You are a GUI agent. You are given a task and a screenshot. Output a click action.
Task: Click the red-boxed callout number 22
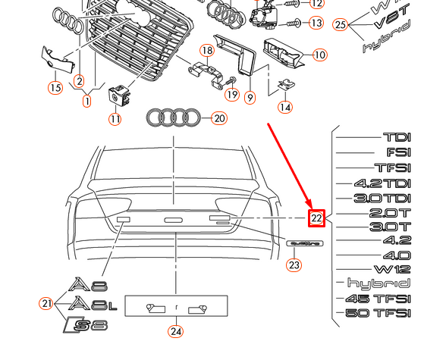(x=316, y=219)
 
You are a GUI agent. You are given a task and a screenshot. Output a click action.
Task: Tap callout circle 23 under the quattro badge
(x=294, y=265)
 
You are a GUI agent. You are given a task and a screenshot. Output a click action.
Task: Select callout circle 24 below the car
(x=176, y=330)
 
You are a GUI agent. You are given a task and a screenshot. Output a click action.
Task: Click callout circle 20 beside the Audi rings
(x=219, y=118)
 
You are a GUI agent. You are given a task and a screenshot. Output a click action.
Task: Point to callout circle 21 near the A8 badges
(x=46, y=304)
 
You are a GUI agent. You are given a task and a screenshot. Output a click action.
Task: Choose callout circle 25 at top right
(x=341, y=25)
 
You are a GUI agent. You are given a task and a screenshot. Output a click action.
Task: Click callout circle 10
(x=319, y=55)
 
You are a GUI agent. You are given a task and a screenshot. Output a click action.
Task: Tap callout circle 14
(x=284, y=107)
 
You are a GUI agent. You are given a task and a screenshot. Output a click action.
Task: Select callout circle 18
(x=207, y=51)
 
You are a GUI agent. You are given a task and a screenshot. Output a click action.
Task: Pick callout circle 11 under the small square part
(x=114, y=119)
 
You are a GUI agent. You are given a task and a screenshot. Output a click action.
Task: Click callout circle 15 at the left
(x=55, y=88)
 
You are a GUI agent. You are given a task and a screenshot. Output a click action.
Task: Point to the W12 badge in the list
(x=391, y=269)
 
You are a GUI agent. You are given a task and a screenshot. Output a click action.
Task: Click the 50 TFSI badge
(x=378, y=312)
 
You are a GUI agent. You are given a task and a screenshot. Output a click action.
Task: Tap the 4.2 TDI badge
(x=382, y=183)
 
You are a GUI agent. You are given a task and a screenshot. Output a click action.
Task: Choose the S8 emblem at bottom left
(x=85, y=326)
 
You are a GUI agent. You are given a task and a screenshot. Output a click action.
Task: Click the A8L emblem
(x=93, y=305)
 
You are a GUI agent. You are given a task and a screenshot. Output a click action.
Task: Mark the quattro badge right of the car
(x=305, y=243)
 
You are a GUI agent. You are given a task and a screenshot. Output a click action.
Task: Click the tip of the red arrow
(x=309, y=207)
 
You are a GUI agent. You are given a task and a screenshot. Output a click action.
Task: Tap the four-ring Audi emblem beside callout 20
(x=174, y=117)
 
